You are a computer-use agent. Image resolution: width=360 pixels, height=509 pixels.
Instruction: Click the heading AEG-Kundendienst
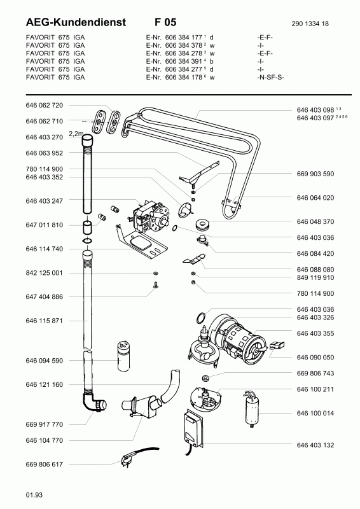click(x=76, y=22)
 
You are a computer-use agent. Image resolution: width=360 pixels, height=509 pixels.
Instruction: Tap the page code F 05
click(x=165, y=22)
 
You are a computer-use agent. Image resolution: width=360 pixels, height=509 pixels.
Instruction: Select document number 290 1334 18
click(x=310, y=24)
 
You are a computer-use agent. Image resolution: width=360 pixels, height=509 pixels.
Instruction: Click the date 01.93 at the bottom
click(x=34, y=495)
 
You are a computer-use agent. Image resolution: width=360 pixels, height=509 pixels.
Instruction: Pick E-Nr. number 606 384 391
click(x=184, y=61)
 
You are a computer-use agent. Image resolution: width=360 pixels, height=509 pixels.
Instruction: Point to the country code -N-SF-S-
click(x=271, y=77)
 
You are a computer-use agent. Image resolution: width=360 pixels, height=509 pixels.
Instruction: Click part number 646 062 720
click(x=44, y=105)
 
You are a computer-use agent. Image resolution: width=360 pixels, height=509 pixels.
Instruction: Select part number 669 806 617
click(x=44, y=464)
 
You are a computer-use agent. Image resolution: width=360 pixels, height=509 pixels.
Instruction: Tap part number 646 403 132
click(x=315, y=445)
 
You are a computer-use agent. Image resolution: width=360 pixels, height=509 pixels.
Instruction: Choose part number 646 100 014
click(x=315, y=413)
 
